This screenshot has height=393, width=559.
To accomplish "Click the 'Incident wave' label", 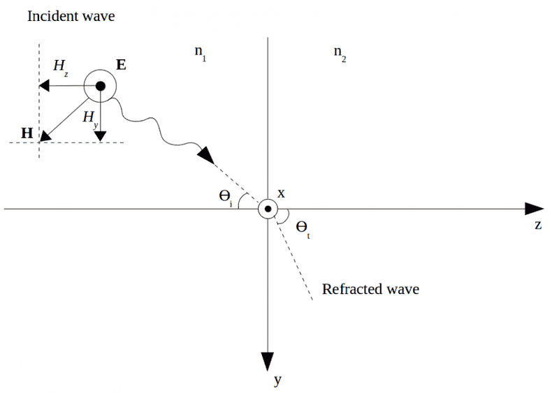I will [71, 16].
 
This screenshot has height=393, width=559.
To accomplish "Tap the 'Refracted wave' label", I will [370, 288].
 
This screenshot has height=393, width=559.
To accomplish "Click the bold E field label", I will [122, 66].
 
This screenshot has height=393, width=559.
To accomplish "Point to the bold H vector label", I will [27, 132].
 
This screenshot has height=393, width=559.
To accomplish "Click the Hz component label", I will [61, 66].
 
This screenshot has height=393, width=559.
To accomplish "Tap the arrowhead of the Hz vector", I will [43, 87].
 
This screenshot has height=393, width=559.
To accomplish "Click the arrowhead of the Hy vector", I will [101, 135].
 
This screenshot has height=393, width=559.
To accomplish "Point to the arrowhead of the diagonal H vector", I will [45, 135].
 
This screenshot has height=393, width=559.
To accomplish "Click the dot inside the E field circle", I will [101, 87].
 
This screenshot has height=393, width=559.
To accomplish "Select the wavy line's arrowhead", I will [206, 155].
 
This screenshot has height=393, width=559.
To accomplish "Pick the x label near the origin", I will [282, 193].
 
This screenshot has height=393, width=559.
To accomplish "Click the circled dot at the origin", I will [268, 209].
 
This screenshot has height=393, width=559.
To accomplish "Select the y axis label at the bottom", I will [277, 380].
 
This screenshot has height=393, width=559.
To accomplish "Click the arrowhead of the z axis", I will [535, 209].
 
